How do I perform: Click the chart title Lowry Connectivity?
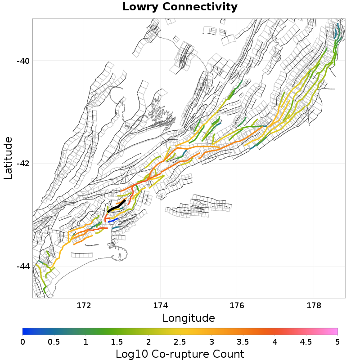(180, 7)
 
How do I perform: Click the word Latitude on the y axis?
(8, 158)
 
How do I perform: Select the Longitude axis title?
(189, 318)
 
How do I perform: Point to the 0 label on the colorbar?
(23, 342)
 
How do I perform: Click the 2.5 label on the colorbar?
(180, 342)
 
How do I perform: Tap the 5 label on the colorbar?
(337, 342)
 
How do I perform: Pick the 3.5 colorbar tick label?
(243, 342)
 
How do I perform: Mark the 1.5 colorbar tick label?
(117, 342)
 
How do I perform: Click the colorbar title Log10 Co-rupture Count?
(180, 354)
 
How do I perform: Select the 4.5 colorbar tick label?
(306, 342)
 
